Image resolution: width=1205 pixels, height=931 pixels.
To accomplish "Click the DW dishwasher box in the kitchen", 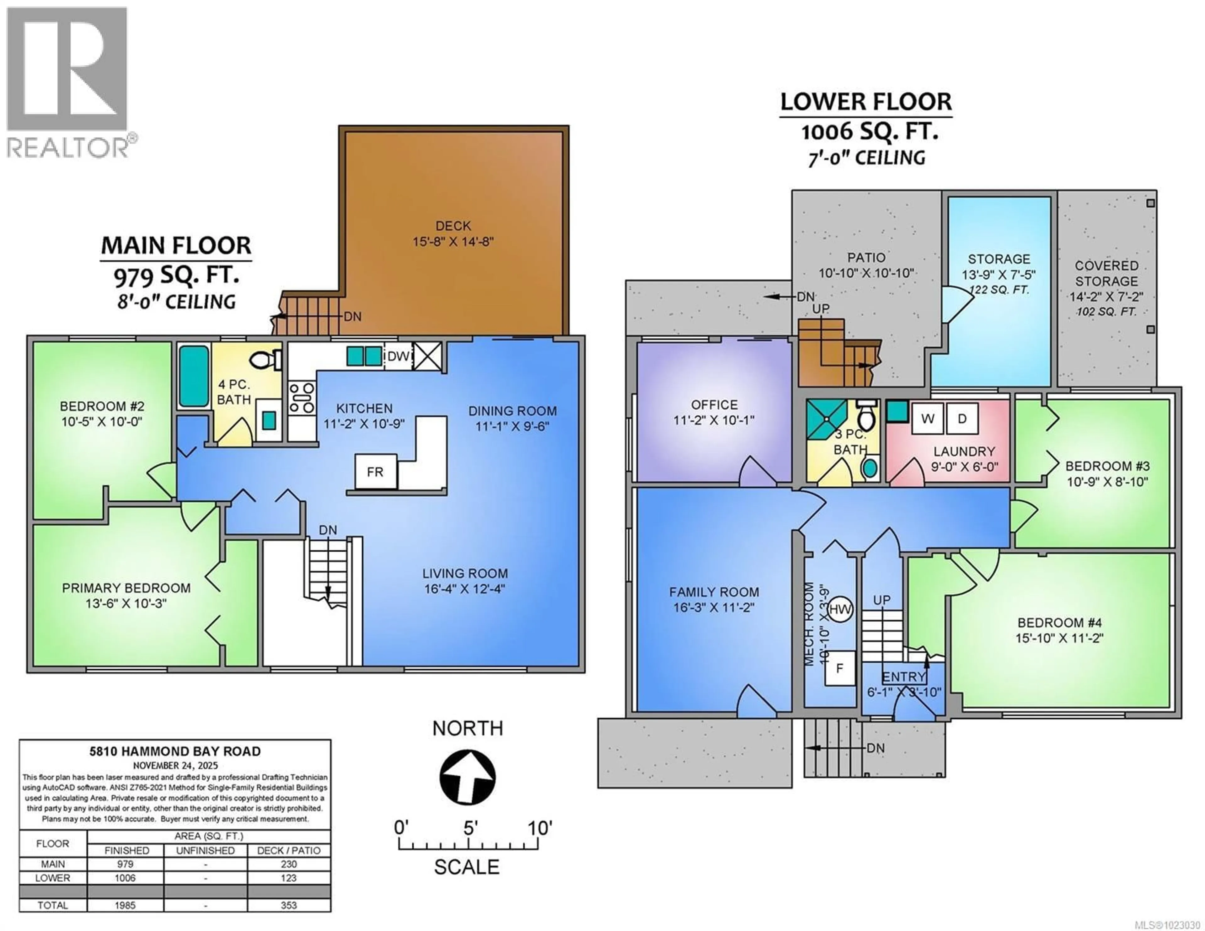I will (x=398, y=356).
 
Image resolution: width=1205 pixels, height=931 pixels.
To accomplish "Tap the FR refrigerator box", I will (x=375, y=472).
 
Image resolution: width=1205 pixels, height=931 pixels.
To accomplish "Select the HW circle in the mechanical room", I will (x=841, y=610).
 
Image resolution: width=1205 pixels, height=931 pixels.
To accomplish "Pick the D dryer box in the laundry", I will (x=962, y=419).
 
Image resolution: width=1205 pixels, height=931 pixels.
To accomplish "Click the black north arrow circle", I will (x=467, y=777).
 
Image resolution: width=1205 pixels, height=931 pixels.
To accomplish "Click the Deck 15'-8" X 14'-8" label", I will (x=453, y=233).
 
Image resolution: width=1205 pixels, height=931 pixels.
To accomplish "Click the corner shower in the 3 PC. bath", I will (x=826, y=419).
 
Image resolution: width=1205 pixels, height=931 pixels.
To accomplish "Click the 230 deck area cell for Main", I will (x=289, y=864).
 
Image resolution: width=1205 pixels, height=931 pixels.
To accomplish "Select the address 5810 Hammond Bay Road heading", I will (x=175, y=751).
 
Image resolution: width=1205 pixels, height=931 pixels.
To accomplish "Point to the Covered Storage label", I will (x=1106, y=273).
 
